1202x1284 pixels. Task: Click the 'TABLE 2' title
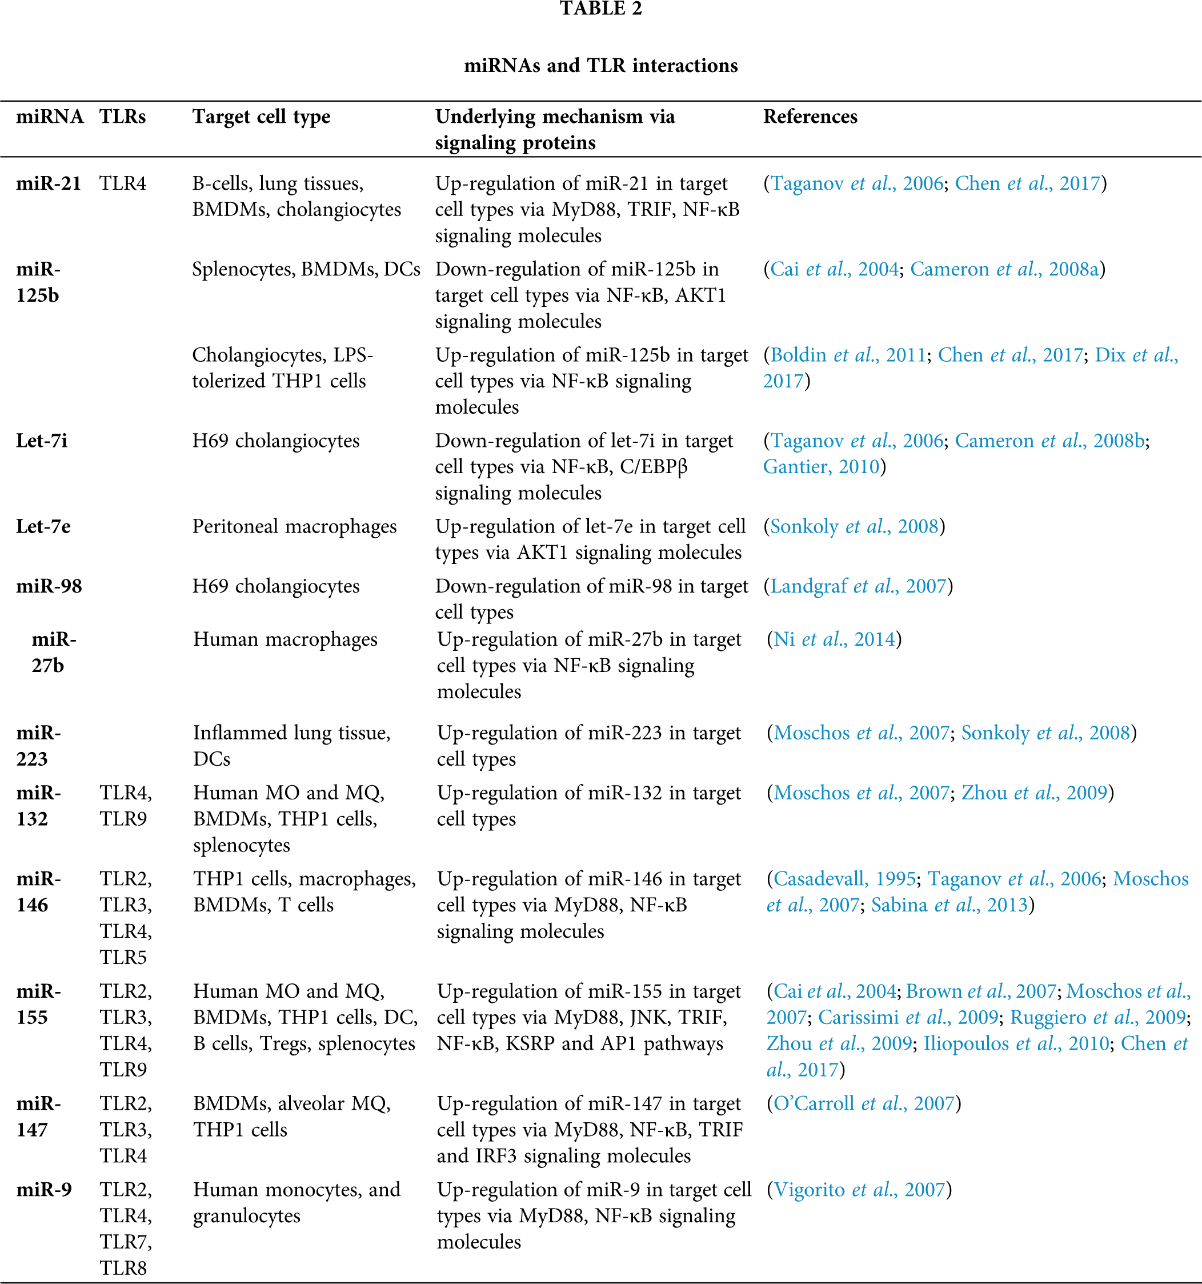click(600, 9)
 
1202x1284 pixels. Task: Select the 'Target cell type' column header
click(261, 117)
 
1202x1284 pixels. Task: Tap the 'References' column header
click(810, 117)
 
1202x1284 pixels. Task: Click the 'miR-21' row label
click(49, 184)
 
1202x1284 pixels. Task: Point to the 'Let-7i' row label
click(42, 441)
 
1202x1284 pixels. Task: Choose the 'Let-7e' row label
click(43, 527)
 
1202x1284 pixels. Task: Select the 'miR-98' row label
click(49, 586)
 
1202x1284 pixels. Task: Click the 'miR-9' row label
click(44, 1190)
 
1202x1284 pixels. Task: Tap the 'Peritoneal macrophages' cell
click(295, 527)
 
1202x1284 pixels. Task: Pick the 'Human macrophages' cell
click(285, 639)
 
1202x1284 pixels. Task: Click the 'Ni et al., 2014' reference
click(835, 639)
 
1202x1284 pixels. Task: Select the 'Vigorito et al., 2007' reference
click(859, 1190)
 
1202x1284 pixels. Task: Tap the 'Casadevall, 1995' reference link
click(844, 879)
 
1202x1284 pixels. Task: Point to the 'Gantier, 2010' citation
click(821, 467)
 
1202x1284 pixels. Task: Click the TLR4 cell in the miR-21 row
click(123, 184)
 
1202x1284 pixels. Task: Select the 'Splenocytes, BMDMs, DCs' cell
click(306, 269)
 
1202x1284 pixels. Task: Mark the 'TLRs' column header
click(123, 117)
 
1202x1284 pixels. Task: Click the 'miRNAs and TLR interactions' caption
click(600, 66)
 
